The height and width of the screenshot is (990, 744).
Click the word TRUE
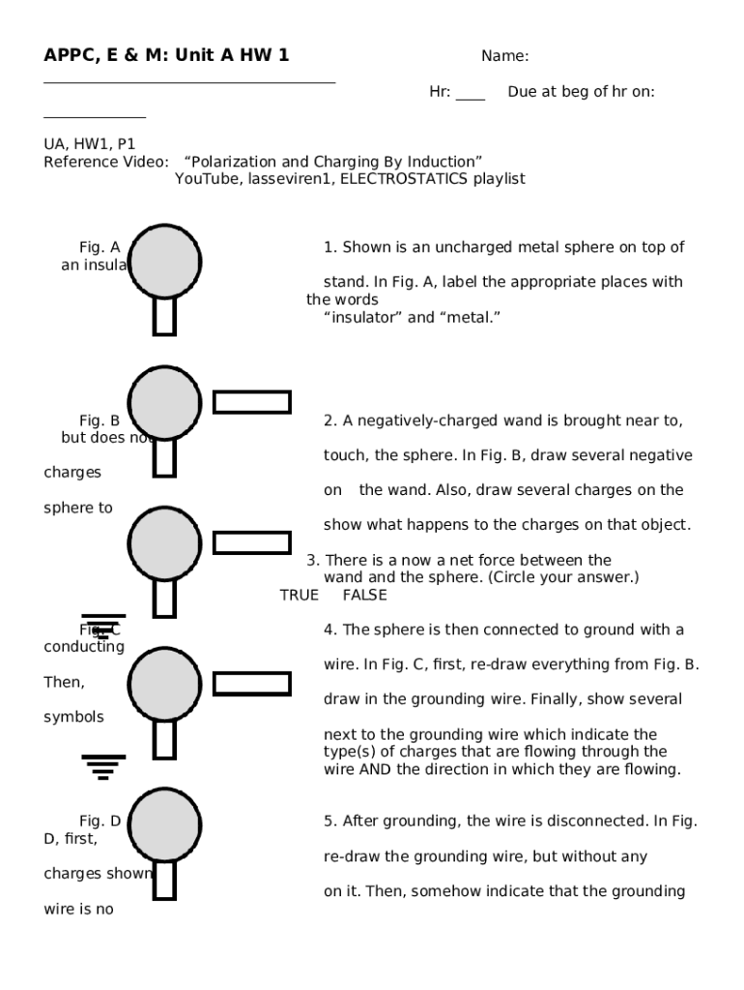[x=299, y=596]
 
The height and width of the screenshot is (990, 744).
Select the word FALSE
[x=364, y=596]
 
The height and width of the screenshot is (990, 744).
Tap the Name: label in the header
[x=504, y=56]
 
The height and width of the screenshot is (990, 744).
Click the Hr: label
[x=440, y=92]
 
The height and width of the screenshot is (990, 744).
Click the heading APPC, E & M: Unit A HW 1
[x=166, y=56]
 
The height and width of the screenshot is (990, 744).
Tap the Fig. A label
[x=100, y=247]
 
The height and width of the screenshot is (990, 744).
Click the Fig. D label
[x=100, y=822]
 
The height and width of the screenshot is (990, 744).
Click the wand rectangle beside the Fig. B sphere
[x=251, y=402]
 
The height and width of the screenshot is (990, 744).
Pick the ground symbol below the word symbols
[x=102, y=767]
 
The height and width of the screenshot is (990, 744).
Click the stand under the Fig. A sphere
[x=164, y=316]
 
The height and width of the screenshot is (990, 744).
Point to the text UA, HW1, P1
[x=90, y=144]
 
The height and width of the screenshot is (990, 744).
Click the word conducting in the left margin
[x=84, y=647]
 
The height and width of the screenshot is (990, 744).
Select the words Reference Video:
[x=106, y=161]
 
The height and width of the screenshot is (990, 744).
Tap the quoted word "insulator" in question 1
[x=363, y=317]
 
